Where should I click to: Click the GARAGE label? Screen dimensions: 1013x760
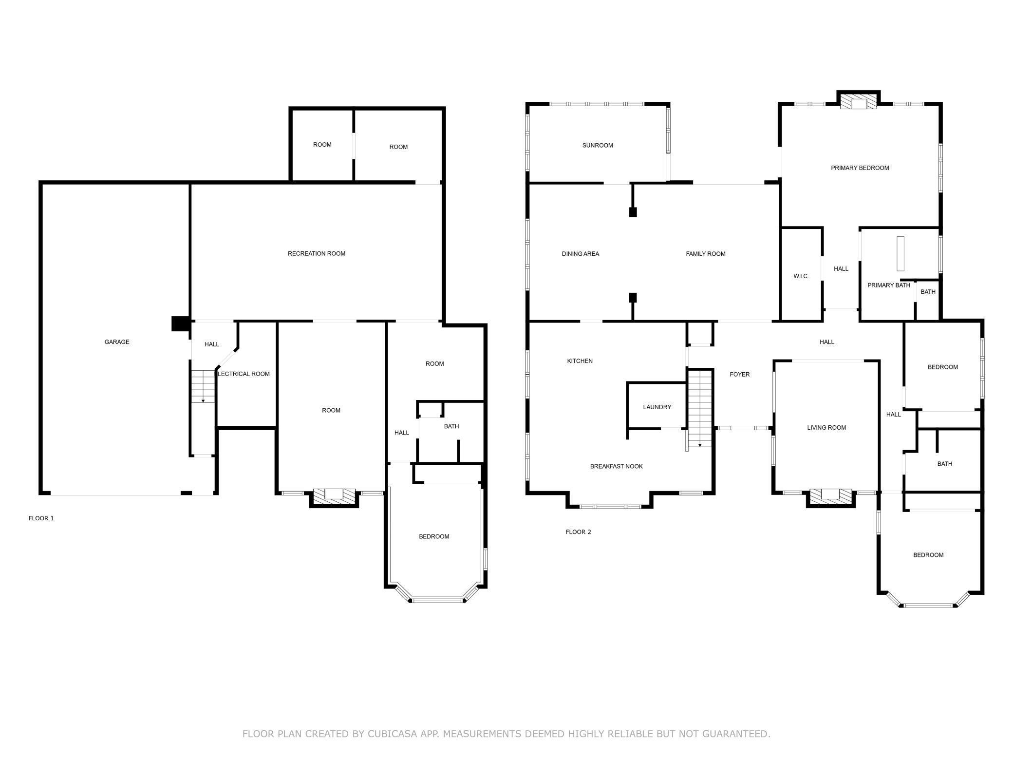click(117, 342)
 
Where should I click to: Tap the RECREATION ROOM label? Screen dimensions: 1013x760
click(317, 253)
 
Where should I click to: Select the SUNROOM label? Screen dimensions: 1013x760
click(598, 145)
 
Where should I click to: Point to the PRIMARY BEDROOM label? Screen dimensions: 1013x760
click(860, 168)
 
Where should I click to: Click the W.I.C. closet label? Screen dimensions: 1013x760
click(801, 276)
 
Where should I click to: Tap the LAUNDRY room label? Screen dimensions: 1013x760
click(657, 407)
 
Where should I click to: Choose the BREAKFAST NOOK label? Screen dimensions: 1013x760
click(617, 466)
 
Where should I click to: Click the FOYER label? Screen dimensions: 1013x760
click(740, 374)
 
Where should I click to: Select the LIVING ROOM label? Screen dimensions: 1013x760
click(826, 428)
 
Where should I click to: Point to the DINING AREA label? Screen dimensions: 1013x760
click(581, 254)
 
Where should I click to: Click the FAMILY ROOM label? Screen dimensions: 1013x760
click(706, 254)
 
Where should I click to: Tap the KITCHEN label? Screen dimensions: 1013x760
click(580, 361)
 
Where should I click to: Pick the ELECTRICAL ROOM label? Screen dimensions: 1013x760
click(244, 374)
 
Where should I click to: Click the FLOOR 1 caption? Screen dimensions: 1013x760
click(41, 518)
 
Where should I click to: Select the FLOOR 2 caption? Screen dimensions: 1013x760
click(579, 532)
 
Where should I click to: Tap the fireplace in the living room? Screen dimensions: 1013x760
click(830, 497)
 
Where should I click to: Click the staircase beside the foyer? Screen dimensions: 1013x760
click(700, 408)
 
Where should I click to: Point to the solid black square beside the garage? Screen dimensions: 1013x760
click(181, 323)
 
